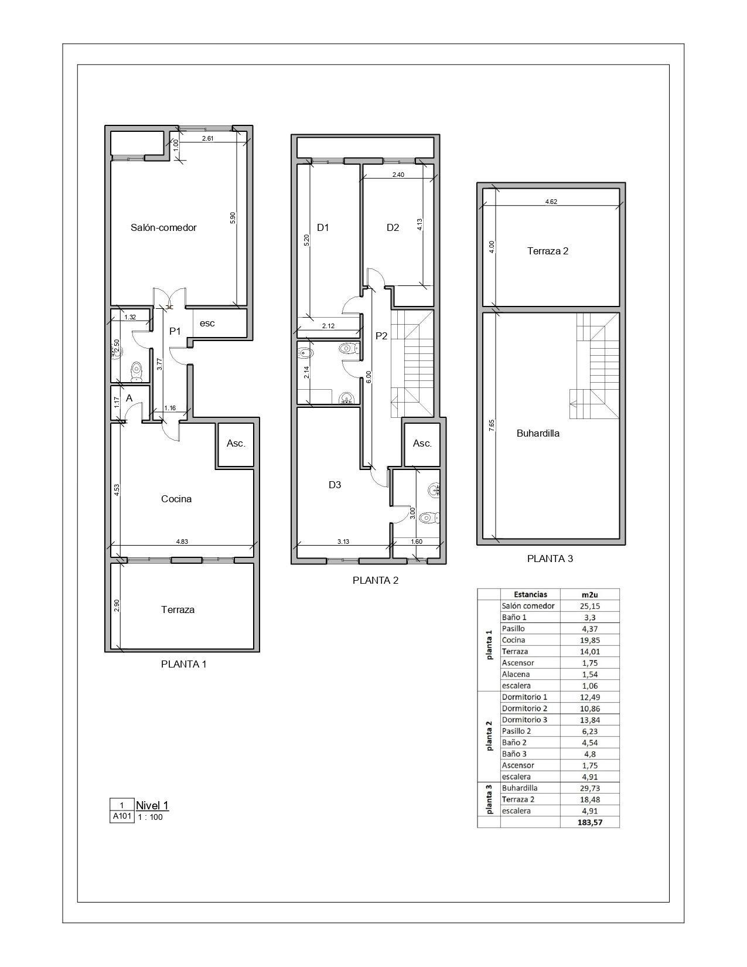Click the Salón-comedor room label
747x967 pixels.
tap(163, 227)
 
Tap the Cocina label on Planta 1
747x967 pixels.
tap(176, 499)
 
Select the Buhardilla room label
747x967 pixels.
tap(538, 433)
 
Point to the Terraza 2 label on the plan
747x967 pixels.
tap(548, 251)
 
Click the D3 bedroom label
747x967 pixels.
tap(335, 485)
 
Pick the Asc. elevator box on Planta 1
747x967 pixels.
tap(236, 444)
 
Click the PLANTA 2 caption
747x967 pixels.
tap(376, 580)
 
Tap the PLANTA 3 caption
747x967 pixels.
tap(550, 559)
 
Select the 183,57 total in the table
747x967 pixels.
tap(589, 822)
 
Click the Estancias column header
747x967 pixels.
tap(530, 594)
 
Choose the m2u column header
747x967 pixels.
tap(589, 594)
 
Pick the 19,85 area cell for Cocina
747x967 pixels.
tap(590, 640)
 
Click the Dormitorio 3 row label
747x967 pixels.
tap(524, 720)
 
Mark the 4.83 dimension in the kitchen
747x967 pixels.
tap(182, 542)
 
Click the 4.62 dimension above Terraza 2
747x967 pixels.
tap(551, 202)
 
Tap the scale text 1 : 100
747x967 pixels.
tap(150, 817)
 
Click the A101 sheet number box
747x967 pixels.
tap(122, 816)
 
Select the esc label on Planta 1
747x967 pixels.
tap(207, 323)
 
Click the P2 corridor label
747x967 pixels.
tap(381, 336)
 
